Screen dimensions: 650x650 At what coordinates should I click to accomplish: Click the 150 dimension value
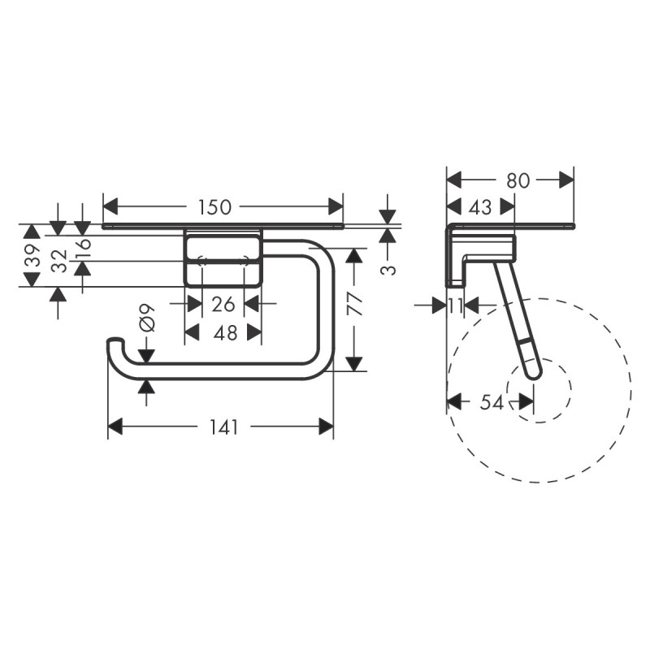[214, 206]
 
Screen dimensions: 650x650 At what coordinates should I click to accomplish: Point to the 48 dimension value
[224, 332]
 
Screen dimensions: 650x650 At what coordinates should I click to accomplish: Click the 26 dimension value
[223, 305]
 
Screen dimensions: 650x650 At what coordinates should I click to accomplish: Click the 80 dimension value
[518, 180]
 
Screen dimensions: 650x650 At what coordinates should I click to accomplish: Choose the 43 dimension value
[479, 207]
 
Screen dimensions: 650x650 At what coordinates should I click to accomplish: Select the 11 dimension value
[457, 305]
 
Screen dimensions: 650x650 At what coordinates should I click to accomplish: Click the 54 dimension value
[490, 402]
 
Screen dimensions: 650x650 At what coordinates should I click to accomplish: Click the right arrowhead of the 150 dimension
[336, 206]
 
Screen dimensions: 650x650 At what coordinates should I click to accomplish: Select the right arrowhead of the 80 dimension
[567, 180]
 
